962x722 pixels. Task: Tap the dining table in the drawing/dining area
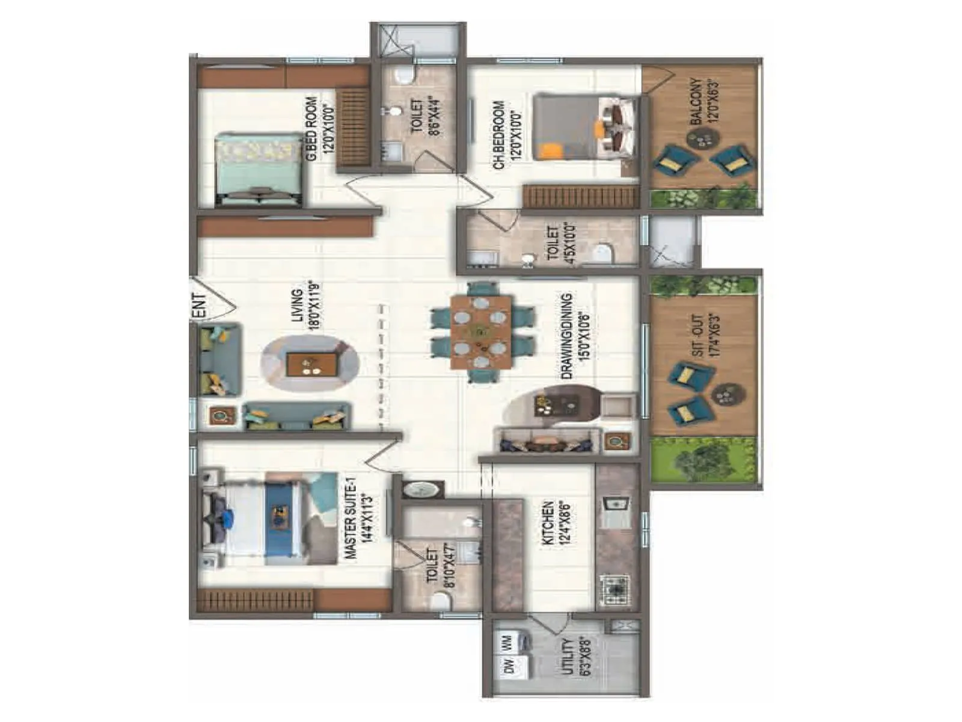click(x=481, y=332)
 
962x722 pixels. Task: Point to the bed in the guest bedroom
click(x=259, y=170)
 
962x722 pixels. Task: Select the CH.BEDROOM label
click(x=507, y=135)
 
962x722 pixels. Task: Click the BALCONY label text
click(x=703, y=100)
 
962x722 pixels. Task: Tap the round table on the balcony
click(x=701, y=140)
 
